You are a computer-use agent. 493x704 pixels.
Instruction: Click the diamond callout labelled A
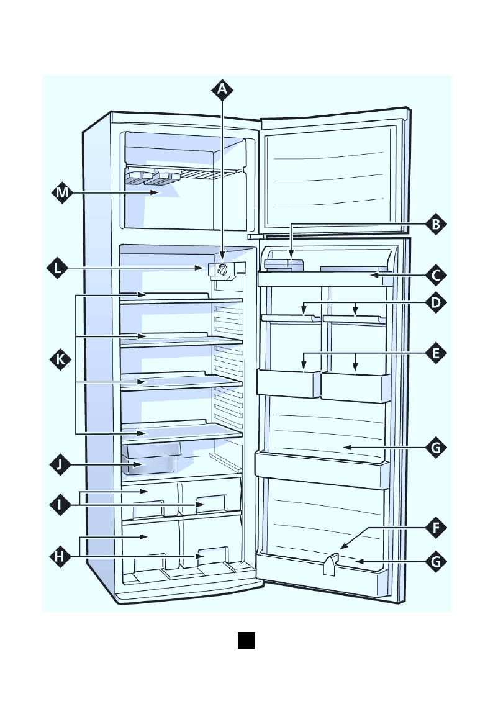click(x=222, y=90)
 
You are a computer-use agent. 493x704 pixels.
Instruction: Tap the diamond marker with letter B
click(x=436, y=224)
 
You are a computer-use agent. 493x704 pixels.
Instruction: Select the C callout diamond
click(x=436, y=274)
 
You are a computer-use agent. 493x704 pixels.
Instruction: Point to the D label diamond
click(x=436, y=302)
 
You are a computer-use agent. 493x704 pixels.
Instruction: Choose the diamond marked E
click(x=436, y=353)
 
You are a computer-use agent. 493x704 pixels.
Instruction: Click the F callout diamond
click(x=436, y=528)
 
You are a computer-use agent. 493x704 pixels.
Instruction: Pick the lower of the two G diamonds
click(x=436, y=562)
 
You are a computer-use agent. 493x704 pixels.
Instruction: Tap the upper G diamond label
click(x=436, y=447)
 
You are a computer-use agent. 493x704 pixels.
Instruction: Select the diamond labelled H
click(x=60, y=557)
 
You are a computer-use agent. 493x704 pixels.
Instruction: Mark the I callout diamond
click(x=60, y=505)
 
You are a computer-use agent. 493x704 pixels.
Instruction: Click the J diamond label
click(x=60, y=464)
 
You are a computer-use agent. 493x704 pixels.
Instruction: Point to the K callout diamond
click(x=60, y=359)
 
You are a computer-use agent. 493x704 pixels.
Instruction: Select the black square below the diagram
click(x=246, y=641)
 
